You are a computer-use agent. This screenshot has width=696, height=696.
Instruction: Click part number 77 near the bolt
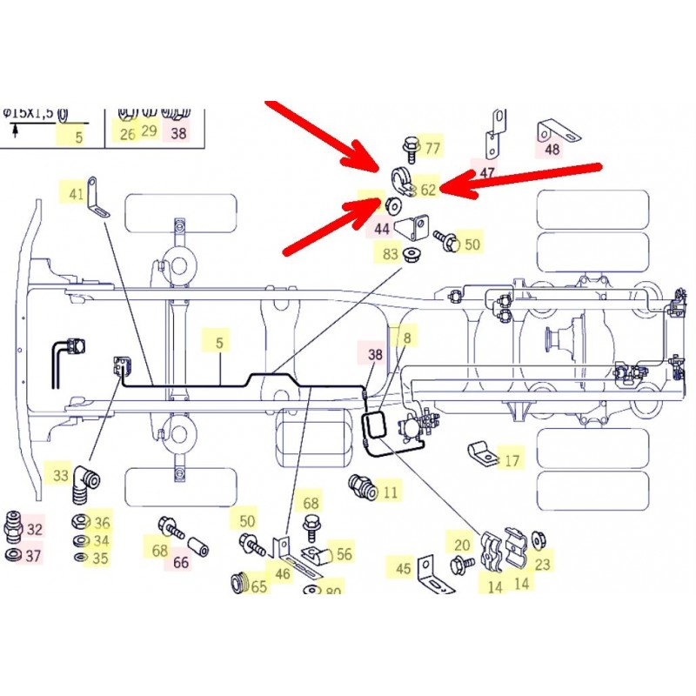tap(432, 147)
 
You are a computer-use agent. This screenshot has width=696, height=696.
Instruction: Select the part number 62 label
tap(428, 189)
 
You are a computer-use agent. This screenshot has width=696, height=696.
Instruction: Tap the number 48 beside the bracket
tap(552, 149)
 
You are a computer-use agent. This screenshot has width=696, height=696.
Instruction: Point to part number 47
tap(487, 174)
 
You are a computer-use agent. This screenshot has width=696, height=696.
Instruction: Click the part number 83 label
tap(390, 254)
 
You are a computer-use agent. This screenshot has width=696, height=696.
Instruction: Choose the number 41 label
tap(76, 193)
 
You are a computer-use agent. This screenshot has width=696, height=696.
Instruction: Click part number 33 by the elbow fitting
tap(60, 476)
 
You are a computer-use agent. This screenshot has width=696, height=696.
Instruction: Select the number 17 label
tap(512, 459)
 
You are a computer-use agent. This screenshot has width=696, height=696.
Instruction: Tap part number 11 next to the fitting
tap(390, 492)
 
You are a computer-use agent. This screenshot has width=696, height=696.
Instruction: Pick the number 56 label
tap(345, 553)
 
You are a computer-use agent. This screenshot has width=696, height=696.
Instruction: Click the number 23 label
tap(543, 564)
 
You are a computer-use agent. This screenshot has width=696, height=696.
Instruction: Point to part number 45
tap(403, 569)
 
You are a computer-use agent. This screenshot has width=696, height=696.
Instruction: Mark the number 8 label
tap(405, 335)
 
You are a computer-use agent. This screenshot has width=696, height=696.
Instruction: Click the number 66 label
tap(181, 562)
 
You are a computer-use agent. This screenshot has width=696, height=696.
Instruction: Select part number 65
tap(259, 586)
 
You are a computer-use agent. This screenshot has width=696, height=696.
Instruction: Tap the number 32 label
tap(34, 528)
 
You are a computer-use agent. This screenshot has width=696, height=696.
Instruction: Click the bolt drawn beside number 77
tap(411, 147)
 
